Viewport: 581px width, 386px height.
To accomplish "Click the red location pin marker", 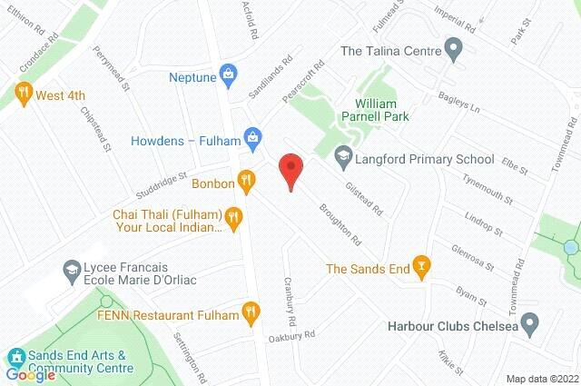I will [x=290, y=170].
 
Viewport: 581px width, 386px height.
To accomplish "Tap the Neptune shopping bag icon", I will [x=230, y=72].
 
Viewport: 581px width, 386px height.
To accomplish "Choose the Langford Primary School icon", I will [x=342, y=158].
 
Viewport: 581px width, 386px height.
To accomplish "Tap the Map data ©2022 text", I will [x=541, y=379].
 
